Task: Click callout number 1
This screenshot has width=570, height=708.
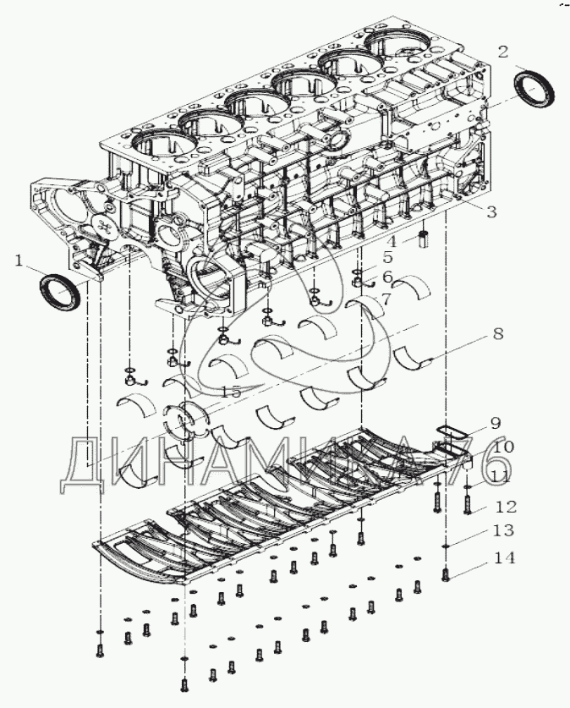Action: pos(19,261)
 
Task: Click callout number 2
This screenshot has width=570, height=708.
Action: pos(503,52)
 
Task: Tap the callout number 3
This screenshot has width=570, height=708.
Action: pos(491,211)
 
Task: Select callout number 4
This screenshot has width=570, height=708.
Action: pos(392,241)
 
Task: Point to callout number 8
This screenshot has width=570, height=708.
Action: pos(497,335)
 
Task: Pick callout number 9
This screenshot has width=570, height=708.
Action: pos(495,424)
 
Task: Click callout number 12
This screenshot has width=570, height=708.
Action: pos(506,507)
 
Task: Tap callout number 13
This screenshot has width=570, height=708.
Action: pos(504,530)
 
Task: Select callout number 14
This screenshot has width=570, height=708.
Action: pos(505,558)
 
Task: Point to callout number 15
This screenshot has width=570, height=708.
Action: pos(231,392)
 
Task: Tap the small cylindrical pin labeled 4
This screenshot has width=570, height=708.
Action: pos(424,238)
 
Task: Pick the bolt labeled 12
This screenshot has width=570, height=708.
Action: pos(467,504)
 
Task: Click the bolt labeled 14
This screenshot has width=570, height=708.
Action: pos(446,574)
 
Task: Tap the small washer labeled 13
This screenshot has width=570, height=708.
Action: pos(446,546)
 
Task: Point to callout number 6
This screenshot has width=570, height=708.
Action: pos(388,277)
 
